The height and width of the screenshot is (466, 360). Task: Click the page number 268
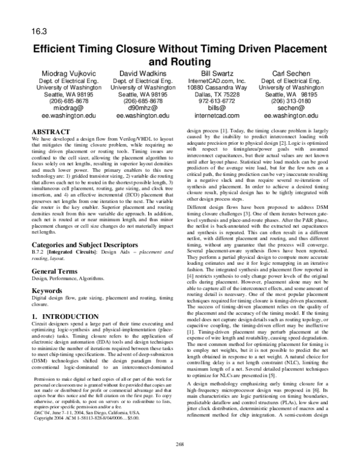point(179,444)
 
